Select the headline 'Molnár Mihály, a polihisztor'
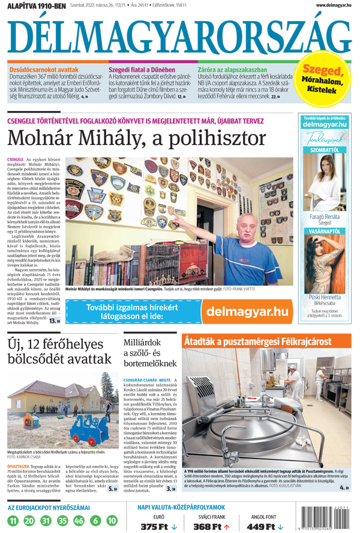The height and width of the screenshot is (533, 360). point(137,139)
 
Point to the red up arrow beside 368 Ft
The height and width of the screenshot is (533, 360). point(227,526)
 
